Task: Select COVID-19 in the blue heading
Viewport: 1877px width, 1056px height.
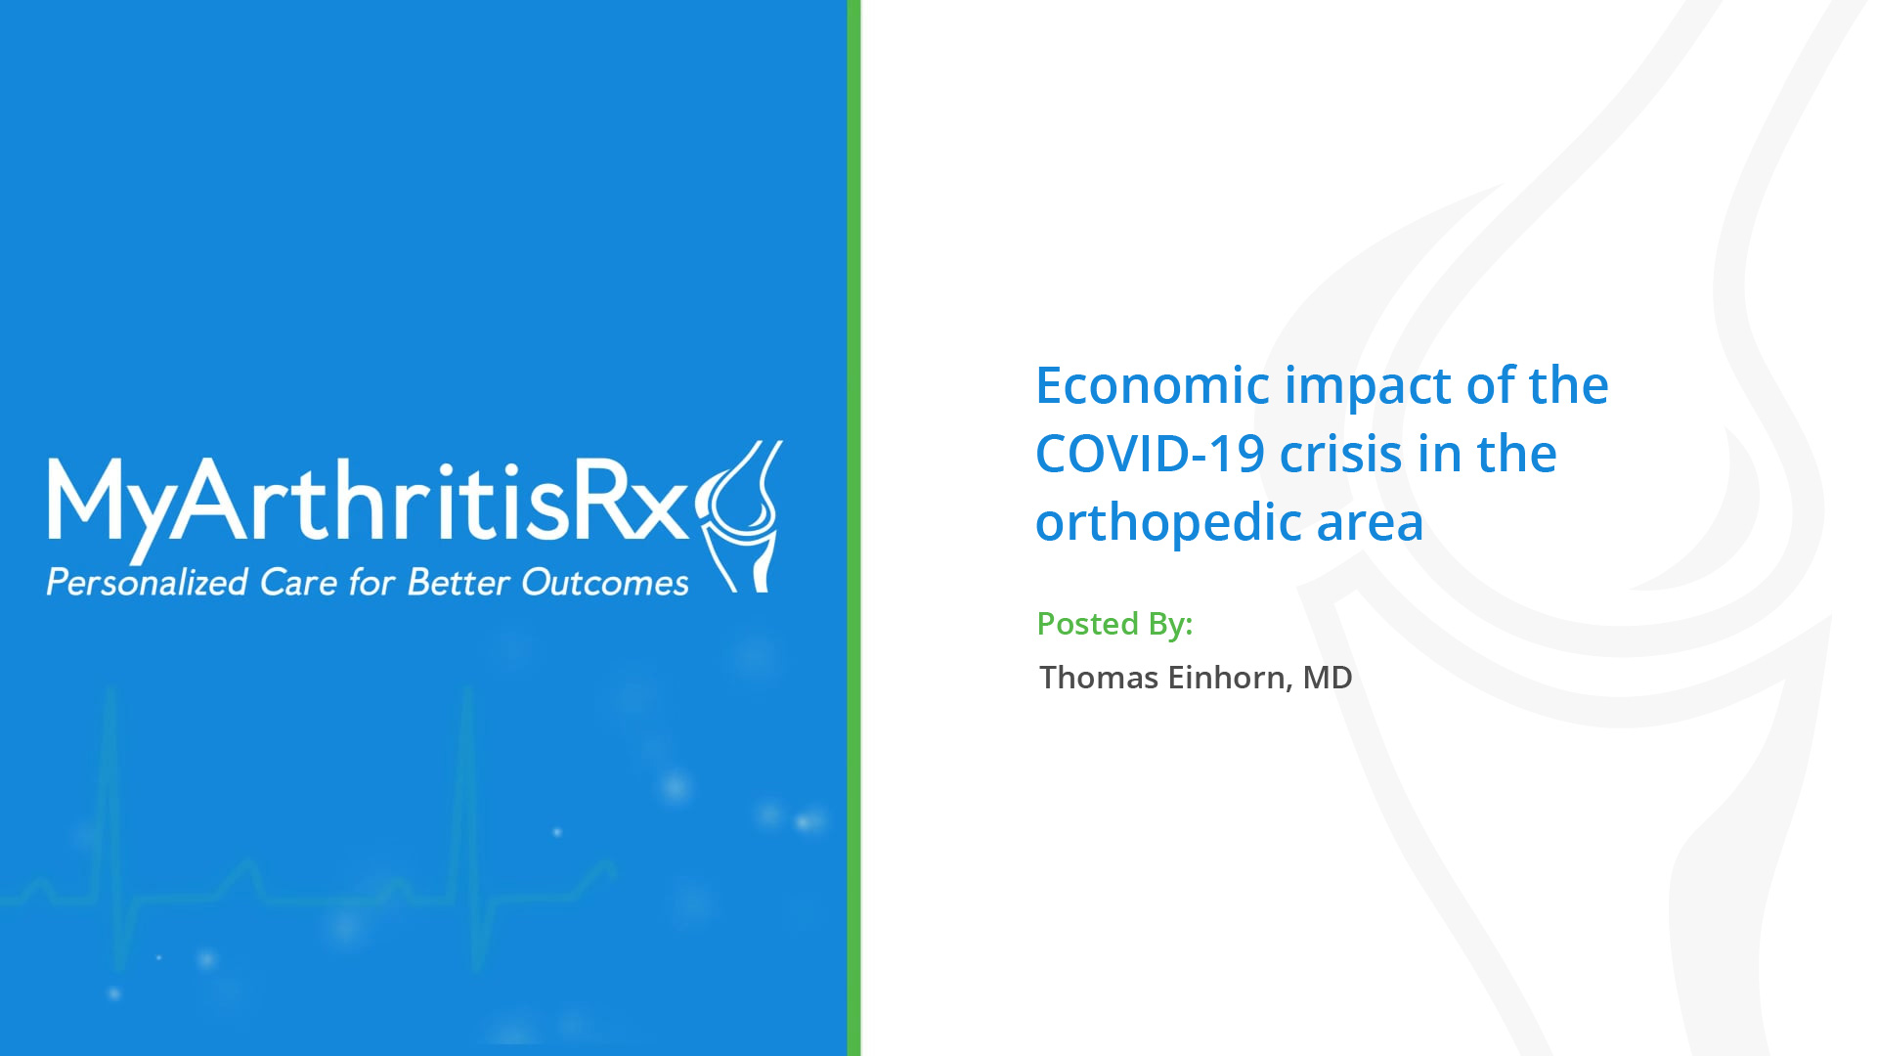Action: [1150, 454]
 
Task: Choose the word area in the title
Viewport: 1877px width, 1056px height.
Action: [1370, 524]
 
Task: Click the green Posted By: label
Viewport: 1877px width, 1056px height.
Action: [1114, 625]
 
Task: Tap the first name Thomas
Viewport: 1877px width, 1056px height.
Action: [1099, 677]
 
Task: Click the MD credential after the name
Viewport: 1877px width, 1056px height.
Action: [1328, 677]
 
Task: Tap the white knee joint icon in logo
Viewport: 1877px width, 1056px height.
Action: [740, 516]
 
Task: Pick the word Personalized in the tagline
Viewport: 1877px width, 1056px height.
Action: [148, 583]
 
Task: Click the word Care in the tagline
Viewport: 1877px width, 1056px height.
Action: [299, 583]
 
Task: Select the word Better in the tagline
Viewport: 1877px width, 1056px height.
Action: [458, 583]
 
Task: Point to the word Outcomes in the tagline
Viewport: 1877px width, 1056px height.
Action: [606, 583]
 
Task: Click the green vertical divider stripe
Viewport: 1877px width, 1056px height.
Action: [853, 528]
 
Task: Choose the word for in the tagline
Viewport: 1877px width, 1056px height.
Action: [372, 583]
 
